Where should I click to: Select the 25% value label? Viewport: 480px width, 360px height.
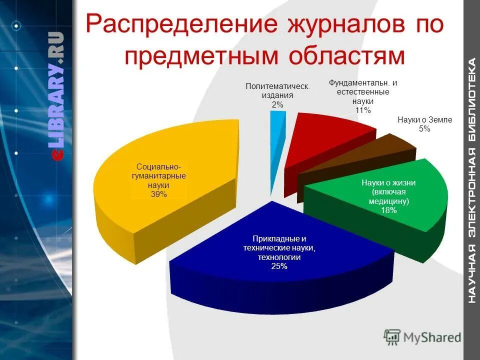point(279,266)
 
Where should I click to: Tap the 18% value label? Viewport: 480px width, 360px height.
point(388,210)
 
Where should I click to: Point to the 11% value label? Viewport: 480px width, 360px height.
point(363,110)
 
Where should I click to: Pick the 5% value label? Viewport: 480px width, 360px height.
point(424,129)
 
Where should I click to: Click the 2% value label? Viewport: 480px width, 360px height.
point(277,104)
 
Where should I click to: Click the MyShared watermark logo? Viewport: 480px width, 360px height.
point(423,337)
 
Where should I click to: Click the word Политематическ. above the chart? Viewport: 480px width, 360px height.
point(277,86)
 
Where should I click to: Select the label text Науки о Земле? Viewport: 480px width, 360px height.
point(424,120)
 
